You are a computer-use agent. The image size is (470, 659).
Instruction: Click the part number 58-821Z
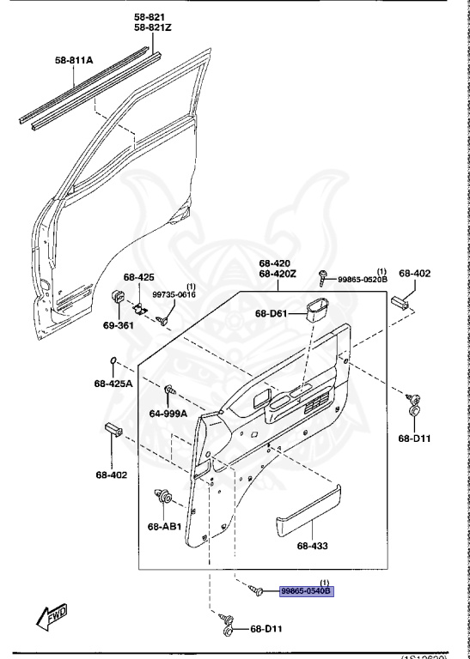pyautogui.click(x=153, y=28)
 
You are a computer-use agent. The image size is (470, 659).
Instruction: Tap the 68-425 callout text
pyautogui.click(x=138, y=277)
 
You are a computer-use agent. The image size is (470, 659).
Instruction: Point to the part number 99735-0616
pyautogui.click(x=175, y=294)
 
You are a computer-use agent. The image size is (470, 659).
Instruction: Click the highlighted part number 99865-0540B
pyautogui.click(x=304, y=591)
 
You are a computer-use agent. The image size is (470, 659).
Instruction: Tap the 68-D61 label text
pyautogui.click(x=272, y=314)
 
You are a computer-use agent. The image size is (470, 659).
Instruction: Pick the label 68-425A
pyautogui.click(x=113, y=383)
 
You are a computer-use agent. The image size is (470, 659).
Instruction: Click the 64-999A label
pyautogui.click(x=168, y=414)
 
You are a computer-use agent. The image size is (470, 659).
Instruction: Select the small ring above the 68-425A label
pyautogui.click(x=113, y=360)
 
